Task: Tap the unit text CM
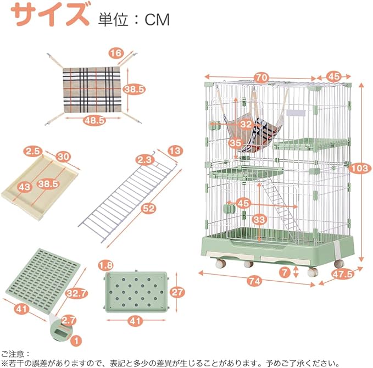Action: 157,19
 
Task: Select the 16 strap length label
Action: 115,53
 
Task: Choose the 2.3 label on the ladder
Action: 144,160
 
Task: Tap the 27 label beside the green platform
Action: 177,292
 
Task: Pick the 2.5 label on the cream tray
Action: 32,150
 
